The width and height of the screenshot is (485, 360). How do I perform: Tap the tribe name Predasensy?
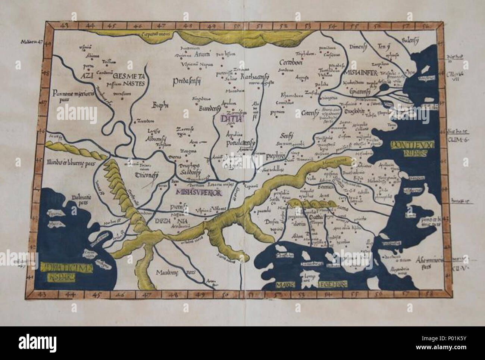[x=187, y=81]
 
